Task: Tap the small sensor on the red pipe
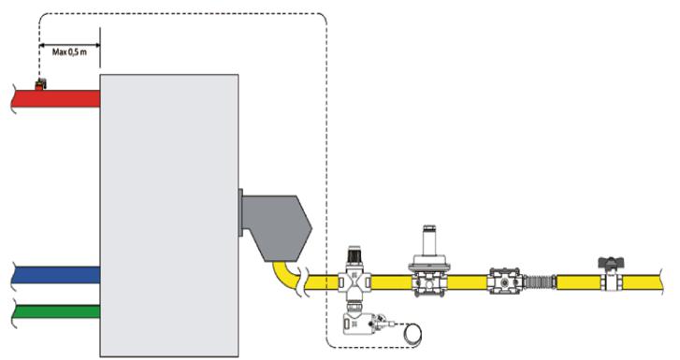coord(39,85)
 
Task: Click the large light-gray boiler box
coord(168,215)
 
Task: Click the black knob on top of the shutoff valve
coord(354,252)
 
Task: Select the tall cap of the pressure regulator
coord(429,239)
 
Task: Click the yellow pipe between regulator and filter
coord(468,281)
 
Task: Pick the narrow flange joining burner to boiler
coord(241,214)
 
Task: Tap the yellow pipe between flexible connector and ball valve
coord(575,281)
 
